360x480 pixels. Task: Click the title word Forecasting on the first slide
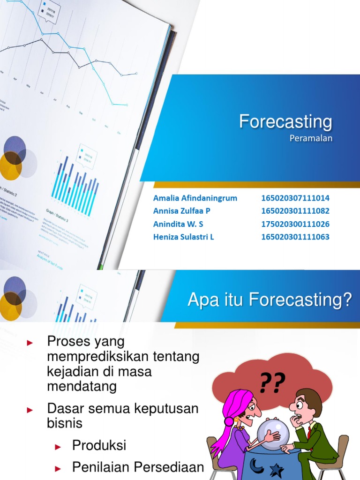(285, 122)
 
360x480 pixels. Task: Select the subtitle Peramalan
(311, 138)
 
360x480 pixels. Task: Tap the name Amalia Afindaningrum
(195, 198)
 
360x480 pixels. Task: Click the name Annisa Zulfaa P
(182, 211)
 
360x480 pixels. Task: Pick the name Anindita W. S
(178, 224)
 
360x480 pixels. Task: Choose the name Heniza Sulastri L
(183, 237)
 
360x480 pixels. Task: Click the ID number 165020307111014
(295, 198)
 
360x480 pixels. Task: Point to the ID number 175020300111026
(295, 224)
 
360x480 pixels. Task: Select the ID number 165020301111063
(295, 237)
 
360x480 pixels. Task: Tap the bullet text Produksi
(99, 445)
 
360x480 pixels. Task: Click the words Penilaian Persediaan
(138, 467)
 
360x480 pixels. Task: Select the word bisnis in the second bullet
(65, 423)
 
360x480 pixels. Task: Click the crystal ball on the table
(273, 432)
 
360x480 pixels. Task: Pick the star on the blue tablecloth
(277, 470)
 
